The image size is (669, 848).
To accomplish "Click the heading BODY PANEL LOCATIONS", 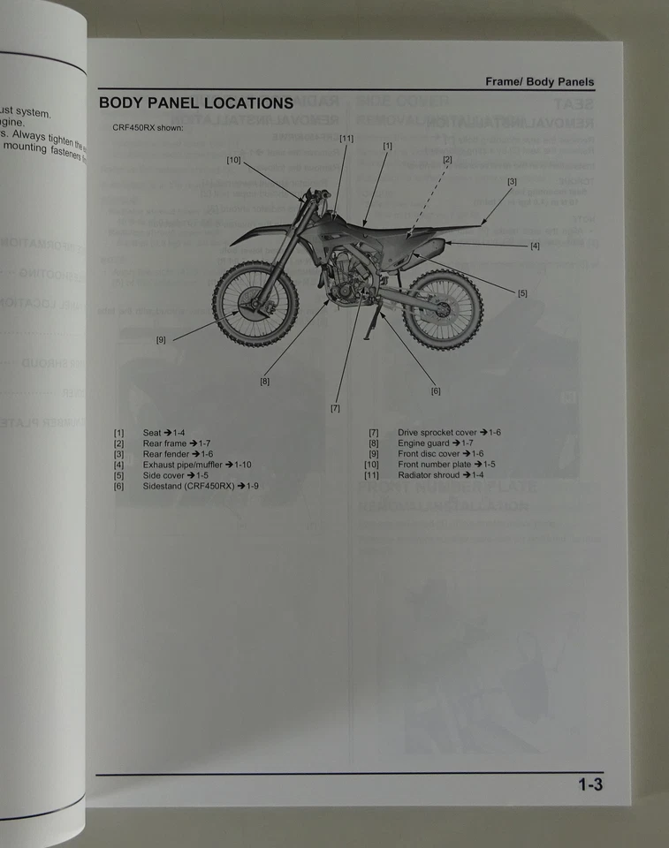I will (x=195, y=102).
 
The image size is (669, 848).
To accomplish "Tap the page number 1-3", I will (x=590, y=784).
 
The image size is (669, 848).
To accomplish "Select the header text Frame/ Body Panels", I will (x=539, y=82).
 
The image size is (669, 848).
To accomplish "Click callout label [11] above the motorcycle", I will (x=346, y=139).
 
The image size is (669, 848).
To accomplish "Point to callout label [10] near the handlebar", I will (x=233, y=160).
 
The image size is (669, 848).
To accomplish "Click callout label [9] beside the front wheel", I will (x=161, y=339).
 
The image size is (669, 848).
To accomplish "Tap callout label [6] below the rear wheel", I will (x=435, y=390).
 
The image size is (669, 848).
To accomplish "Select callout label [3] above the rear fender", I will (x=512, y=181).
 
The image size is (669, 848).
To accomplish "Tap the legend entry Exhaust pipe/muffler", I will (x=196, y=465).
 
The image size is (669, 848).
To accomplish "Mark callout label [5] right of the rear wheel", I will (x=522, y=293).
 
